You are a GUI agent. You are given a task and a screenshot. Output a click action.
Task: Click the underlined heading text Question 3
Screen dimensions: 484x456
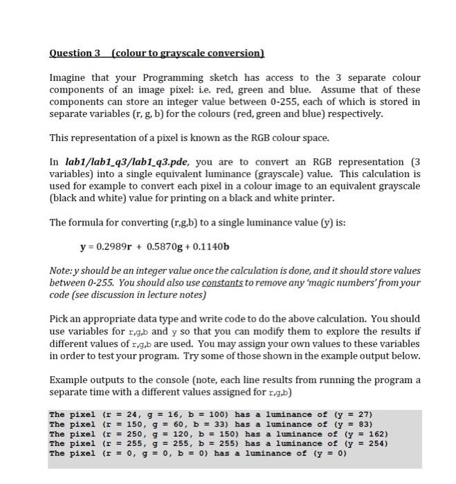pos(75,53)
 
